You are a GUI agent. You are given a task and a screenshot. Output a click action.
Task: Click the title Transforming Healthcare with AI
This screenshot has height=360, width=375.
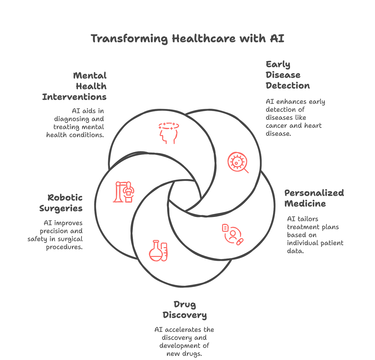click(187, 39)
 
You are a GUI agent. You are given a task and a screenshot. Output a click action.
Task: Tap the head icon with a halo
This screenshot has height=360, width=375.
click(168, 133)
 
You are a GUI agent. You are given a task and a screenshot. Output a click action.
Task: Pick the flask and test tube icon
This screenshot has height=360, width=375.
click(158, 251)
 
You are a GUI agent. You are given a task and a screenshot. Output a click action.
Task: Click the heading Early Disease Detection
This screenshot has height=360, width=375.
click(287, 75)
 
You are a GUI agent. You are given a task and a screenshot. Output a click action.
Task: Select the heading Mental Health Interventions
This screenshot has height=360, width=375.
click(75, 86)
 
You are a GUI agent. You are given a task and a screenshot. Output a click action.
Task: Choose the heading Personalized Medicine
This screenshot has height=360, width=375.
click(314, 198)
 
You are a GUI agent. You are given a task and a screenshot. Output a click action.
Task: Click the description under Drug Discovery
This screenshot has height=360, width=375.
click(184, 341)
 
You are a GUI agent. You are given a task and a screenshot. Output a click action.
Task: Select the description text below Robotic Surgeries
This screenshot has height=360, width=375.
click(56, 235)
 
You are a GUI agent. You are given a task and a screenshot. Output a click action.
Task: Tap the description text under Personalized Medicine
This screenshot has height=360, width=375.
click(315, 235)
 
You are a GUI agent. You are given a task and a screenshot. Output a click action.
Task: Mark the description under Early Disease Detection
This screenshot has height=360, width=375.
click(295, 118)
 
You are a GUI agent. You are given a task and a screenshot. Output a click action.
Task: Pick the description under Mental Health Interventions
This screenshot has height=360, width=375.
click(75, 123)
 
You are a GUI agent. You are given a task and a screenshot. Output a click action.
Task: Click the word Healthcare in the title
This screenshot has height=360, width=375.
click(203, 39)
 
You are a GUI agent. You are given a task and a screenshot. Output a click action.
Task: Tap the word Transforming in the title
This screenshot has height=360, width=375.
click(129, 39)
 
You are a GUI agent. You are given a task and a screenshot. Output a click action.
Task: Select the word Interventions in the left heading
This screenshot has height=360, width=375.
click(74, 97)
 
